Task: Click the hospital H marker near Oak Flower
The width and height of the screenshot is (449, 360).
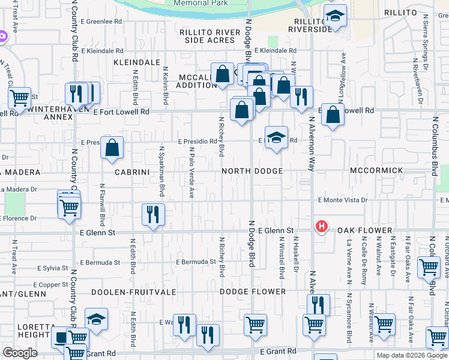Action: click(322, 227)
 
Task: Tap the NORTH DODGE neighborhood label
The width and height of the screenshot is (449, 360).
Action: click(252, 171)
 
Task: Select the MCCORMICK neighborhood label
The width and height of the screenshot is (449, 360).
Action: click(378, 171)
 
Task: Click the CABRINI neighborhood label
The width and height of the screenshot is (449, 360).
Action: click(126, 171)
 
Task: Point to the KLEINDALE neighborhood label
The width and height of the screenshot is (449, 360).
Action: click(137, 62)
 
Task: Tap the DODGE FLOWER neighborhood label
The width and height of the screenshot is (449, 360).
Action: click(252, 292)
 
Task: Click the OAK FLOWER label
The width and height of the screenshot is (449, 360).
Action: click(364, 230)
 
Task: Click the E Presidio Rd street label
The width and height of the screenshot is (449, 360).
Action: click(197, 142)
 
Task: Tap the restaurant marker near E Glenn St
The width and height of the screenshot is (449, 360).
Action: click(153, 214)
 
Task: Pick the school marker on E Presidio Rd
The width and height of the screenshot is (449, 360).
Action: click(276, 137)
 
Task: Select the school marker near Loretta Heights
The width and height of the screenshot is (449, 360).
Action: click(96, 319)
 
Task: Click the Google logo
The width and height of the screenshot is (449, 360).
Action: click(20, 353)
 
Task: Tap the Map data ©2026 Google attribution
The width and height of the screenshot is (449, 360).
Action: click(411, 355)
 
